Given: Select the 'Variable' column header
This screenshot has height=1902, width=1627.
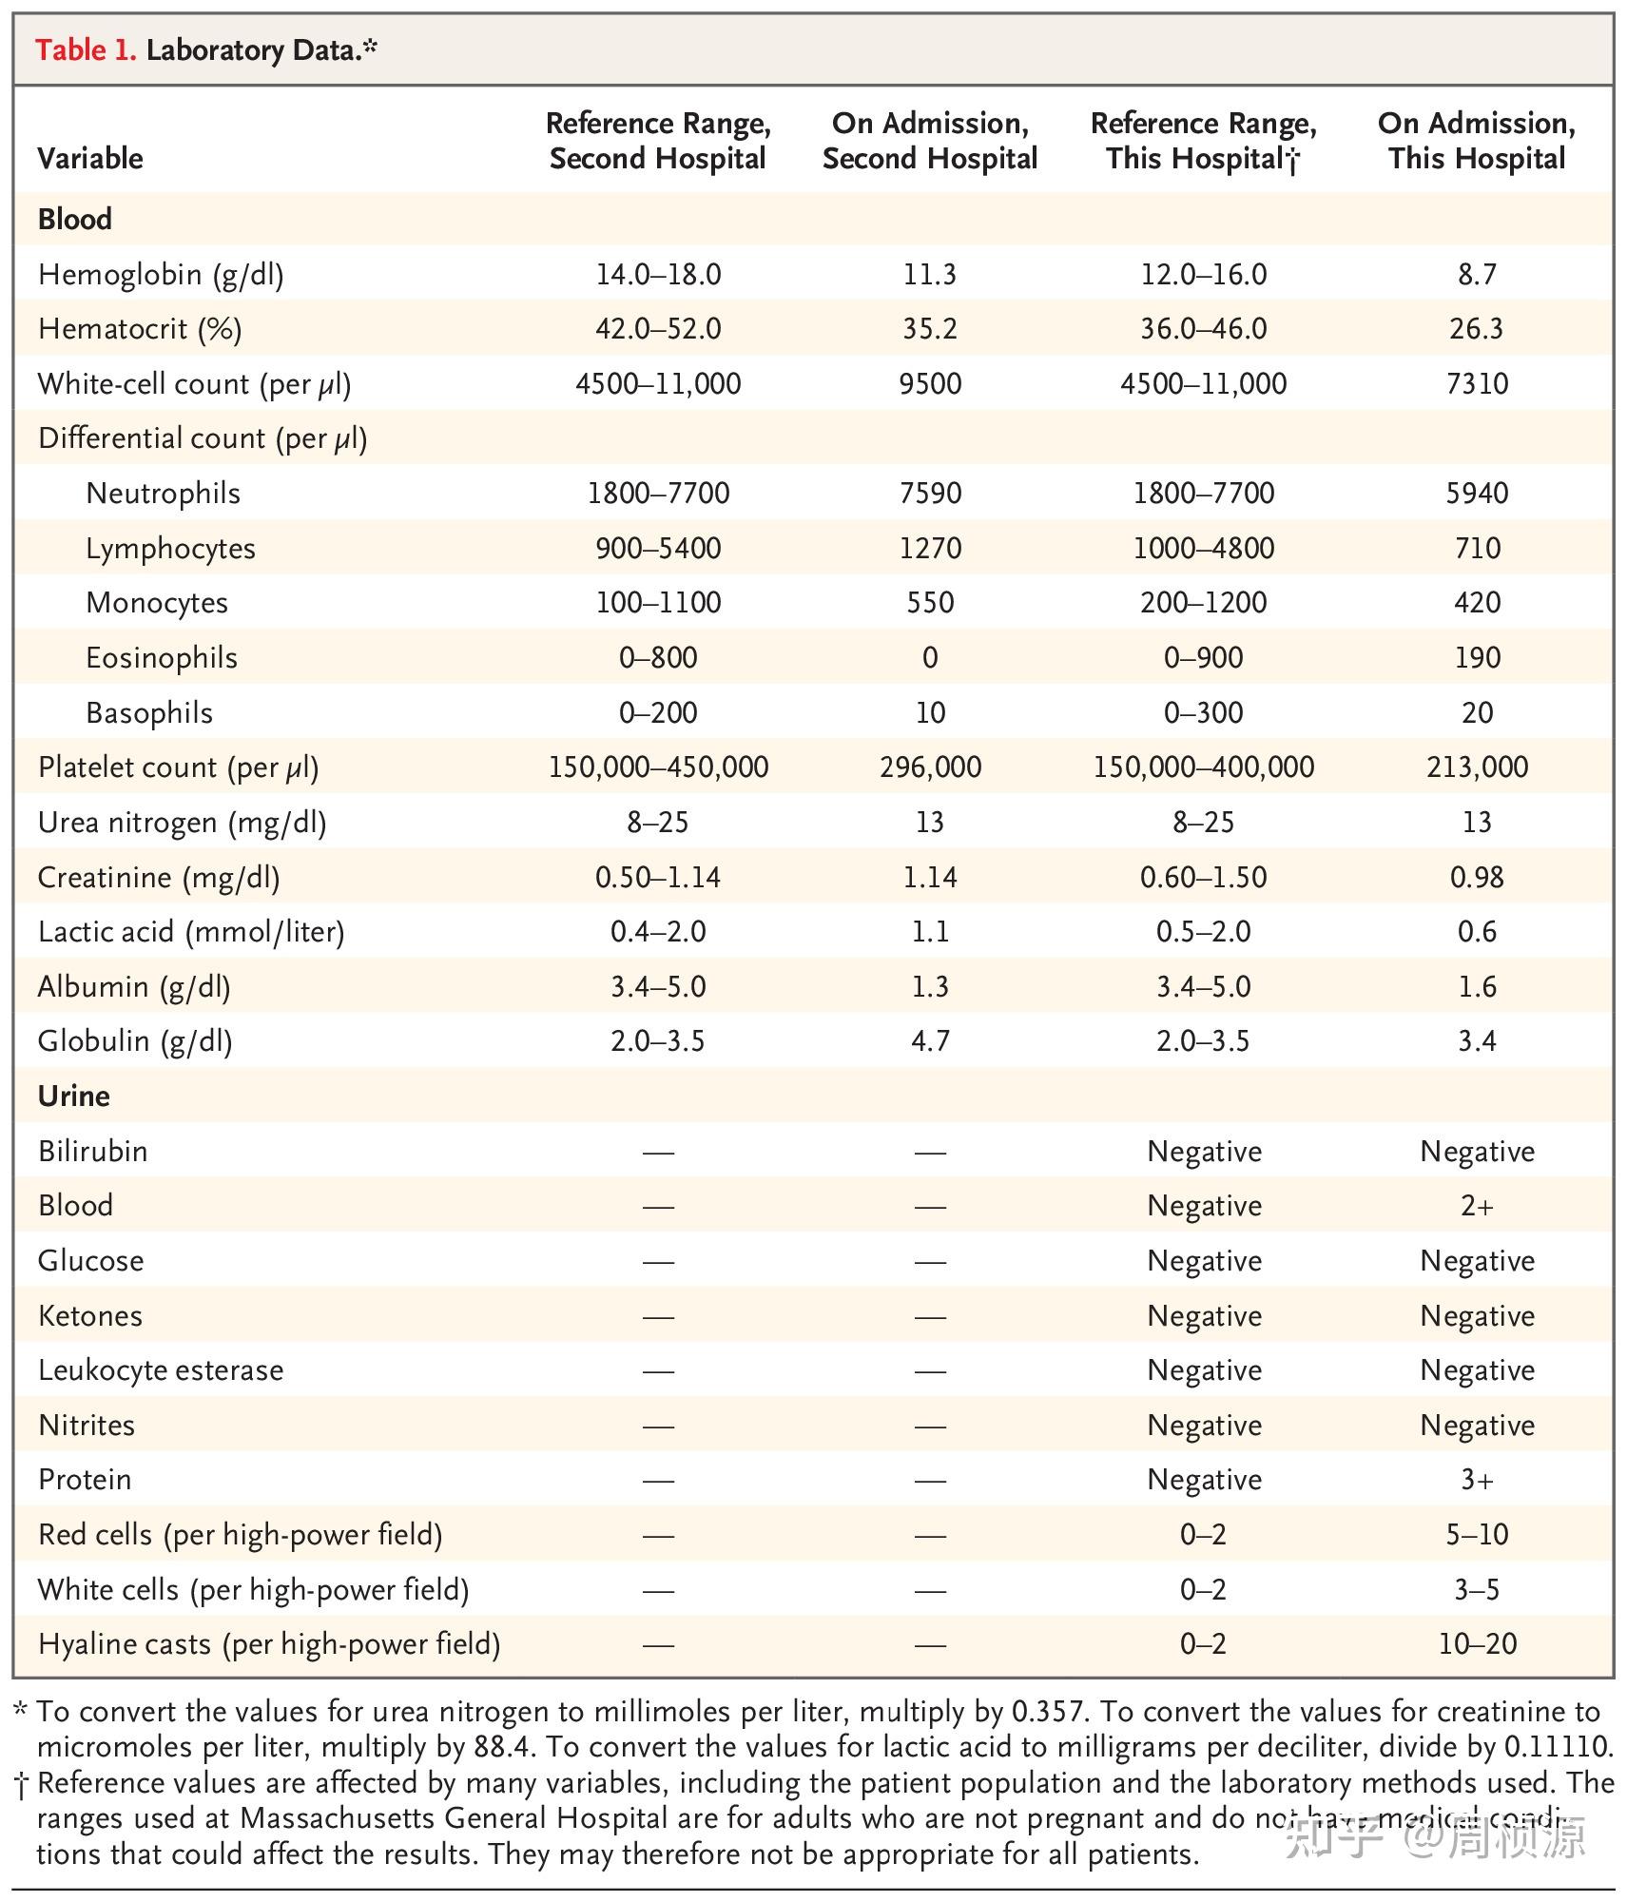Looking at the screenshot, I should click(90, 158).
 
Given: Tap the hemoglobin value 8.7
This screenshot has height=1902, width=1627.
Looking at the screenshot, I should click(1476, 275).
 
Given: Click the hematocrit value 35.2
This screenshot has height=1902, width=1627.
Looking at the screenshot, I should click(929, 329).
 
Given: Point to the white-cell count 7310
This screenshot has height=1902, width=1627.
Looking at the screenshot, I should click(1476, 384).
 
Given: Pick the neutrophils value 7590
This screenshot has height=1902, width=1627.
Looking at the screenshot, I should click(929, 494).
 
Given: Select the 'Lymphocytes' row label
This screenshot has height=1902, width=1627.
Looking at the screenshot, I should click(170, 549).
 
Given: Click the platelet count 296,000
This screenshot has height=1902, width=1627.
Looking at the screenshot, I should click(929, 767).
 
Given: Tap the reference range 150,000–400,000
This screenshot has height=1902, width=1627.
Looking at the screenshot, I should click(1203, 767).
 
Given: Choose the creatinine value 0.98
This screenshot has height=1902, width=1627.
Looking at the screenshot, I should click(1476, 877).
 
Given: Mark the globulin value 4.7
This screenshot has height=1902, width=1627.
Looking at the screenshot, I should click(929, 1041).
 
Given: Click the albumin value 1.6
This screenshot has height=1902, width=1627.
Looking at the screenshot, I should click(1476, 987).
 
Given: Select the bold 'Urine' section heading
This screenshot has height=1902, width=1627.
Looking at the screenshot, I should click(74, 1097).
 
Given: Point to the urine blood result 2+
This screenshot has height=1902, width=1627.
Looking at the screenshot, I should click(1476, 1206).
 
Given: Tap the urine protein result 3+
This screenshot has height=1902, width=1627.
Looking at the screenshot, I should click(1476, 1480).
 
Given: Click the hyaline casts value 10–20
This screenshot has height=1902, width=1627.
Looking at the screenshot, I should click(1476, 1644).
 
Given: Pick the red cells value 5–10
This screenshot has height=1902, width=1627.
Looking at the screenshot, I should click(1476, 1535).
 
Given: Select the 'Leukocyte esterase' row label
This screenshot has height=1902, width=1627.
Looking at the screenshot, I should click(161, 1370).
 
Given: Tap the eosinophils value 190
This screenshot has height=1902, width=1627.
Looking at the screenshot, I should click(1476, 658).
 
